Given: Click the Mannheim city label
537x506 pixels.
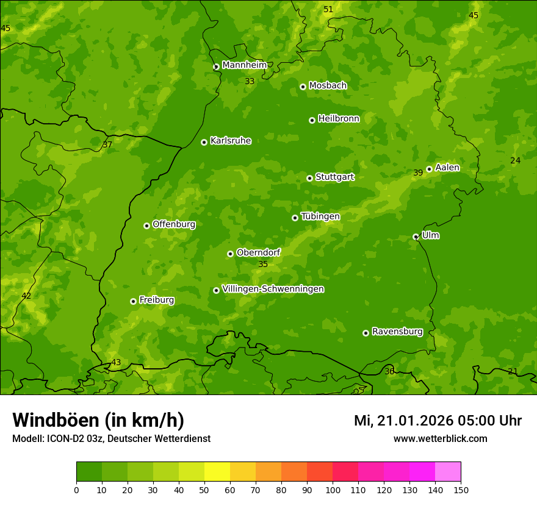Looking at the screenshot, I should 244,65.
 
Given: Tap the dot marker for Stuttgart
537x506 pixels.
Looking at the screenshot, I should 309,178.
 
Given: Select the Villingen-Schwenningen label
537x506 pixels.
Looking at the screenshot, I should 273,289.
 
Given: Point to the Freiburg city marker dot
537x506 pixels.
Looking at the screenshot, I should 133,301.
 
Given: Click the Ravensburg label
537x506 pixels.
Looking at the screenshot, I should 397,332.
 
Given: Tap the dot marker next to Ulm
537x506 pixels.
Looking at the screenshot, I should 416,237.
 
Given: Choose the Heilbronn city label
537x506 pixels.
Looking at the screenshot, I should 338,119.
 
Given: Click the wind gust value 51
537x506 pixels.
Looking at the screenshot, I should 328,9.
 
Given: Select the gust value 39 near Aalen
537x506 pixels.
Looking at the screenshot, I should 418,173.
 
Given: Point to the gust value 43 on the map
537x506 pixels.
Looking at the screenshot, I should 116,363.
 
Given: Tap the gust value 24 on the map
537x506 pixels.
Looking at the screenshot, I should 515,160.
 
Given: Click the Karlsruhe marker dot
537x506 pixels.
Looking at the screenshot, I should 204,142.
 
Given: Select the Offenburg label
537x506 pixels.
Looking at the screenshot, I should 173,224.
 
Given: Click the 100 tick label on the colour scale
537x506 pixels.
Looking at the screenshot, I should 333,490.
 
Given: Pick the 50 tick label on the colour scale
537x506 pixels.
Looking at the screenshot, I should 204,490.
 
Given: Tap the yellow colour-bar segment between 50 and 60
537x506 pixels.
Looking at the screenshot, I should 217,472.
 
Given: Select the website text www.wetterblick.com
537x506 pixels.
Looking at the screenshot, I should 440,439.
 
